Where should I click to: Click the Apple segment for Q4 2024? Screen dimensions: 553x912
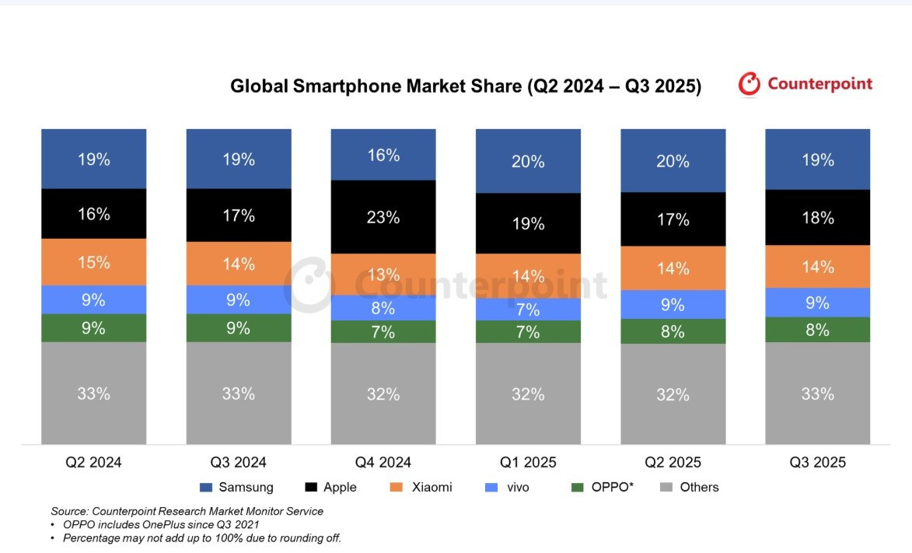pyautogui.click(x=383, y=217)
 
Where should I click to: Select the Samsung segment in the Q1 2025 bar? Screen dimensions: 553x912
pyautogui.click(x=528, y=161)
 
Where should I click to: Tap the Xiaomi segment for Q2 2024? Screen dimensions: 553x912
pyautogui.click(x=93, y=262)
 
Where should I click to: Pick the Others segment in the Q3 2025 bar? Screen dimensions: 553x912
pyautogui.click(x=817, y=393)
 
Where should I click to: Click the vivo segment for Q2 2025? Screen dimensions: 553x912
pyautogui.click(x=673, y=304)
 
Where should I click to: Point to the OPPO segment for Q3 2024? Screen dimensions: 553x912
pyautogui.click(x=238, y=328)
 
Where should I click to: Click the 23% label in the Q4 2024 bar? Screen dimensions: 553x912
pyautogui.click(x=383, y=218)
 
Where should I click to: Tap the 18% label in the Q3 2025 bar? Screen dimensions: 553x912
pyautogui.click(x=818, y=217)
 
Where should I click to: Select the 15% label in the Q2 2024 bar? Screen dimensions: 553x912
pyautogui.click(x=93, y=262)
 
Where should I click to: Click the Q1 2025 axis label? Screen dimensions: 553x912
pyautogui.click(x=528, y=463)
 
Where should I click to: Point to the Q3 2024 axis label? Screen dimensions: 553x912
pyautogui.click(x=238, y=463)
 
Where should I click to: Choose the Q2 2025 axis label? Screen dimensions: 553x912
pyautogui.click(x=673, y=463)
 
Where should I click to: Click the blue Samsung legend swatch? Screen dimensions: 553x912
pyautogui.click(x=206, y=488)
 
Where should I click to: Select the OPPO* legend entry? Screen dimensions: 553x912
pyautogui.click(x=611, y=488)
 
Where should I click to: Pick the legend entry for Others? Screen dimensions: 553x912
pyautogui.click(x=699, y=488)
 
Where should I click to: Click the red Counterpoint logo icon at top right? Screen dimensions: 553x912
pyautogui.click(x=749, y=84)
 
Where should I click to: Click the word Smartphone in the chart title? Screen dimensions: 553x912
pyautogui.click(x=344, y=86)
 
